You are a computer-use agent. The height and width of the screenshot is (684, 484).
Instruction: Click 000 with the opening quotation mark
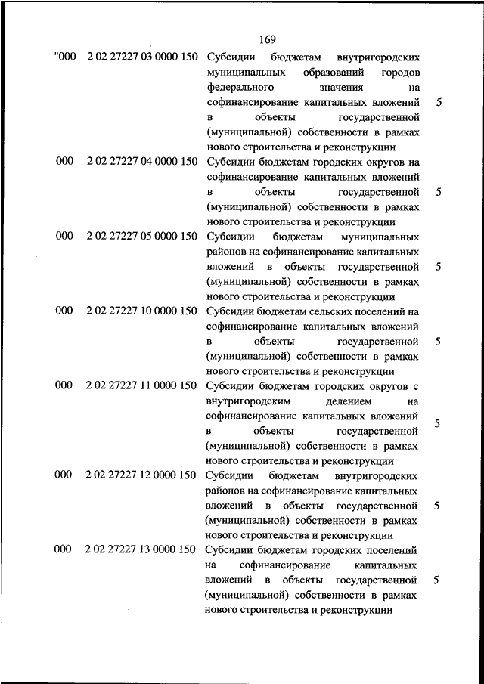(65, 58)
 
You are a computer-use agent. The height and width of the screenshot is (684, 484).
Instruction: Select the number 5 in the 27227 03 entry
(439, 102)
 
